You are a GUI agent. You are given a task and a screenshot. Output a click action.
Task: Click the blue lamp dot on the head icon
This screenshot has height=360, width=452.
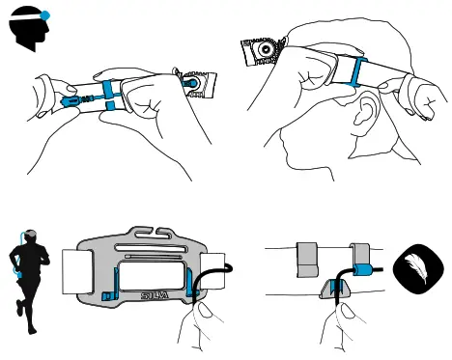point(44,17)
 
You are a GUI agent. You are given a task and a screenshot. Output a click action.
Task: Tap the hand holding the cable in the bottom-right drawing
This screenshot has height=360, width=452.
point(340,328)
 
